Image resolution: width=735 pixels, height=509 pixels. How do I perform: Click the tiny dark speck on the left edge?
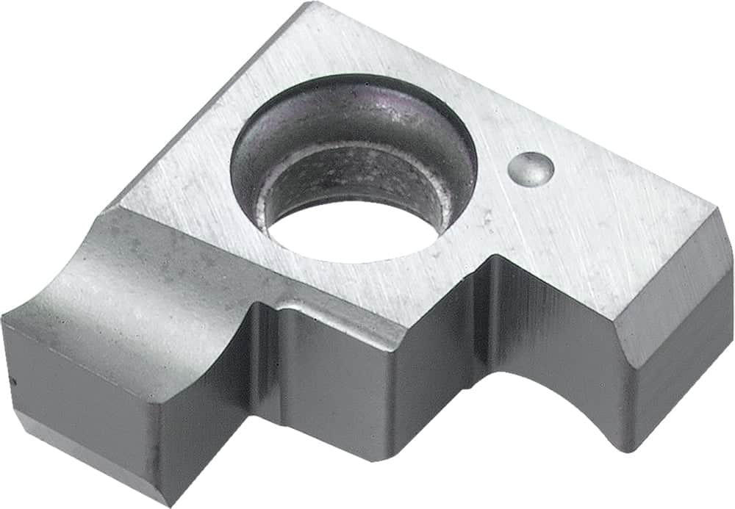coord(12,380)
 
